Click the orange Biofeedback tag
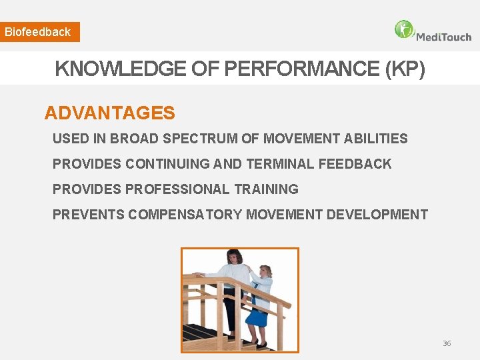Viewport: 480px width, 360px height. [x=39, y=32]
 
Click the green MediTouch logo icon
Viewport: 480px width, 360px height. [x=404, y=30]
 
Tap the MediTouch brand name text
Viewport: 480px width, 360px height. [x=443, y=37]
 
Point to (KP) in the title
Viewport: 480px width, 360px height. [x=405, y=69]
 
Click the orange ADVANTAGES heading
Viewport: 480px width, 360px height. [x=109, y=113]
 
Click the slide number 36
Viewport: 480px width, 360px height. [x=447, y=343]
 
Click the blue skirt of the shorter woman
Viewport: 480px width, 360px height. [x=257, y=317]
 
